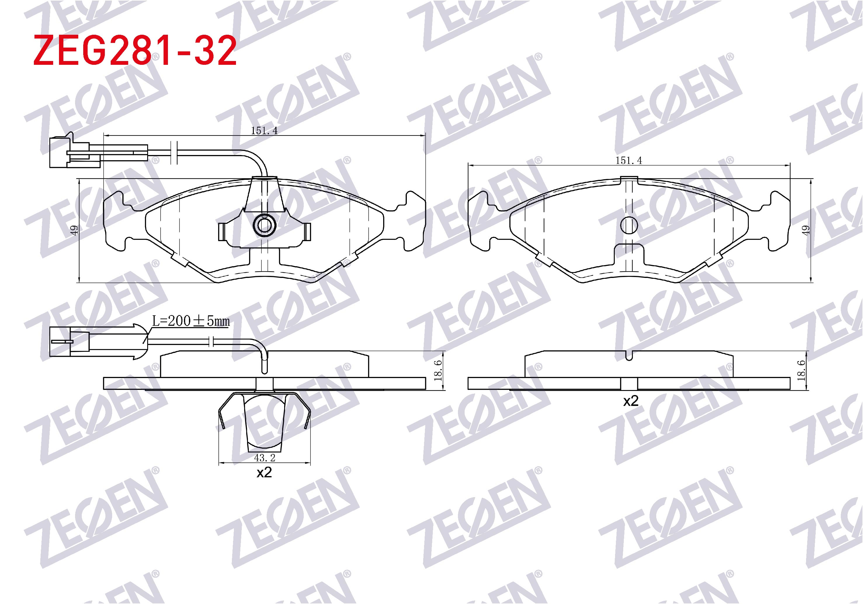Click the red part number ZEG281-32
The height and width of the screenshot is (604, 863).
(x=135, y=51)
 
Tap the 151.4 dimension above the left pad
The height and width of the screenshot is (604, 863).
(x=264, y=131)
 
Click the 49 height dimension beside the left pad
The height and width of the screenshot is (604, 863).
(x=74, y=230)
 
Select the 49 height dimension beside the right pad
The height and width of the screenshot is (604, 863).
(x=805, y=230)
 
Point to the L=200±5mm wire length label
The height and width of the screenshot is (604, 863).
(x=191, y=321)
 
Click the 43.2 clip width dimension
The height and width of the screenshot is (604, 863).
(x=265, y=458)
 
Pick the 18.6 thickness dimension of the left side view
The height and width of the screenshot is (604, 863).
(x=437, y=370)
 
